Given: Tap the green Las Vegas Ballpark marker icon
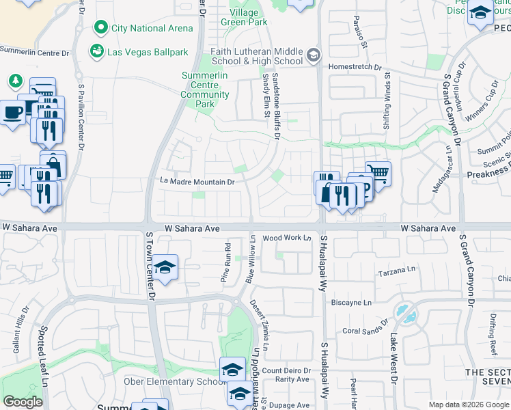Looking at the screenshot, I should (x=96, y=51).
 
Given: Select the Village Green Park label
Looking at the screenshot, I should (x=244, y=17).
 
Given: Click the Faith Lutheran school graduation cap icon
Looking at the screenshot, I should (x=313, y=55).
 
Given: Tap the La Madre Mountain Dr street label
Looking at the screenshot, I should (x=197, y=182).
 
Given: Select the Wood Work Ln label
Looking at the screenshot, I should (x=287, y=238).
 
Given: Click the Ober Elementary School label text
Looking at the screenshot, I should (x=174, y=381).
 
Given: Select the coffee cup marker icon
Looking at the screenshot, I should (x=12, y=111).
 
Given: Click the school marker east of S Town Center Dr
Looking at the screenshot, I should (x=165, y=267).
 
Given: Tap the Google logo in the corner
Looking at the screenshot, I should (x=23, y=402).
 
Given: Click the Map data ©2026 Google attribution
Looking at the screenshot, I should (x=468, y=405).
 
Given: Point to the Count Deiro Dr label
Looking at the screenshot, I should (x=286, y=371).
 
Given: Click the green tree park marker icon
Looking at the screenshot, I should (x=15, y=81).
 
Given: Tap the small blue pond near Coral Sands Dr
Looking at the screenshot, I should (x=408, y=314).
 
